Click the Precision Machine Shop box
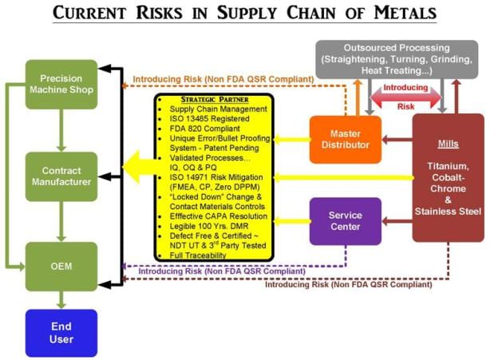point(61,84)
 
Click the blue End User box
point(61,332)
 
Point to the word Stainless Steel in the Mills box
point(448,211)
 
